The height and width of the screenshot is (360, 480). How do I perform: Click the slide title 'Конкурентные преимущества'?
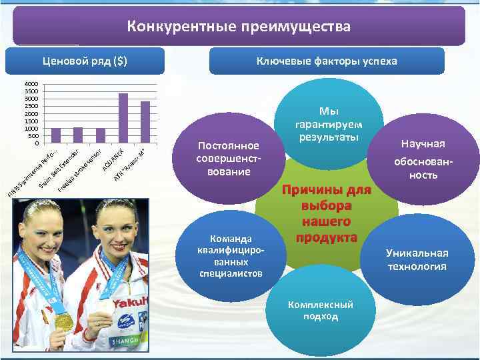coord(239,27)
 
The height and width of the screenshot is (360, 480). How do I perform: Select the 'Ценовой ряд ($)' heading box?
coord(85,61)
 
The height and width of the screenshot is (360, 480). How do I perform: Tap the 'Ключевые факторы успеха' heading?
coord(326,61)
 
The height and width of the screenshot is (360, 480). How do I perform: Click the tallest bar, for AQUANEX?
coord(123,118)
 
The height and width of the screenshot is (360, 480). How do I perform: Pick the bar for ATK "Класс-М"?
coord(145,122)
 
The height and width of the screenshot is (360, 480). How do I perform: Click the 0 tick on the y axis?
coord(36,143)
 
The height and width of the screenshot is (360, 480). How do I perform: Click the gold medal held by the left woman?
coord(64,321)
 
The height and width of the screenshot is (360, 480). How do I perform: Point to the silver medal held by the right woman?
coord(106,307)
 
